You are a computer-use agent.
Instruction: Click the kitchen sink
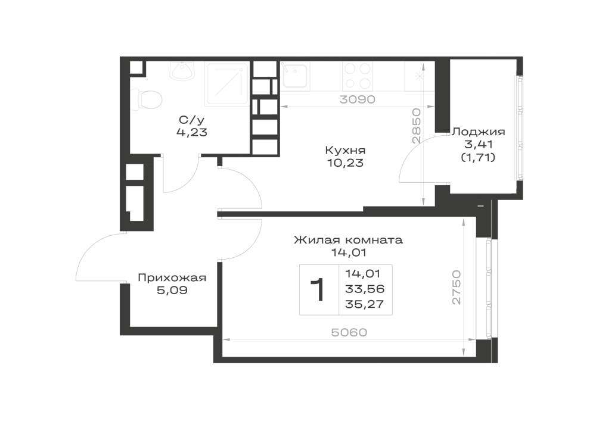click(x=294, y=76)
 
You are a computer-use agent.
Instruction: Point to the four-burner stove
click(x=357, y=76)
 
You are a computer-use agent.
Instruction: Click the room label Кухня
click(x=345, y=150)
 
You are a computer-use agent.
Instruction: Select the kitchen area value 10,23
click(x=345, y=163)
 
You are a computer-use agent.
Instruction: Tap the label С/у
click(x=192, y=120)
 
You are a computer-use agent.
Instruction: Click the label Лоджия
click(x=478, y=132)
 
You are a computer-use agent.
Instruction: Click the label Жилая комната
click(x=348, y=240)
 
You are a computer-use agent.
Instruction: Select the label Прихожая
click(x=172, y=278)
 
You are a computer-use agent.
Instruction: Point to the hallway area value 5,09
click(x=172, y=291)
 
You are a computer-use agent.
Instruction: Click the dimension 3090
click(x=357, y=99)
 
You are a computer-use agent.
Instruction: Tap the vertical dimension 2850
click(x=417, y=126)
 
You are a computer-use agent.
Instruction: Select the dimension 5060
click(x=349, y=332)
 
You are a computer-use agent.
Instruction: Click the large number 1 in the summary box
click(x=318, y=289)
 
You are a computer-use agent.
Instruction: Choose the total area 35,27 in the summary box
click(x=365, y=304)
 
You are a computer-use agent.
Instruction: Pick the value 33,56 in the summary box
click(x=365, y=289)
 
